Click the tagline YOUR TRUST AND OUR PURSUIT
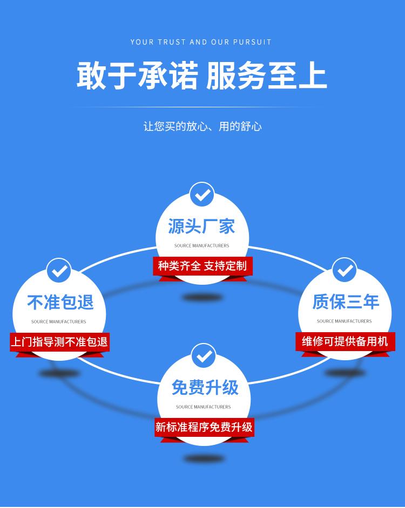click(201, 42)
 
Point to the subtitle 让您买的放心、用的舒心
click(202, 126)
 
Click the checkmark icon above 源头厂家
click(202, 194)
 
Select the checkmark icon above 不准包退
click(59, 271)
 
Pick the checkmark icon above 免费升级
click(204, 356)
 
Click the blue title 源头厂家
click(201, 226)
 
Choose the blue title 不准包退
click(60, 302)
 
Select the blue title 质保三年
click(346, 301)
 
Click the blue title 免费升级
click(205, 387)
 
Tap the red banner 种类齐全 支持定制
click(202, 266)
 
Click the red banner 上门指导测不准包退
click(59, 342)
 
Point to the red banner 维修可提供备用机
click(345, 341)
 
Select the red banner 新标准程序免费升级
click(204, 427)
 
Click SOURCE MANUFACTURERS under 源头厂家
click(201, 245)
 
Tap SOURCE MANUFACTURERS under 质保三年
click(345, 321)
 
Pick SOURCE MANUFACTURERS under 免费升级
click(203, 407)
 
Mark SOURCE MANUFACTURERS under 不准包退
click(59, 322)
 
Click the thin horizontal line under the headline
click(197, 107)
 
